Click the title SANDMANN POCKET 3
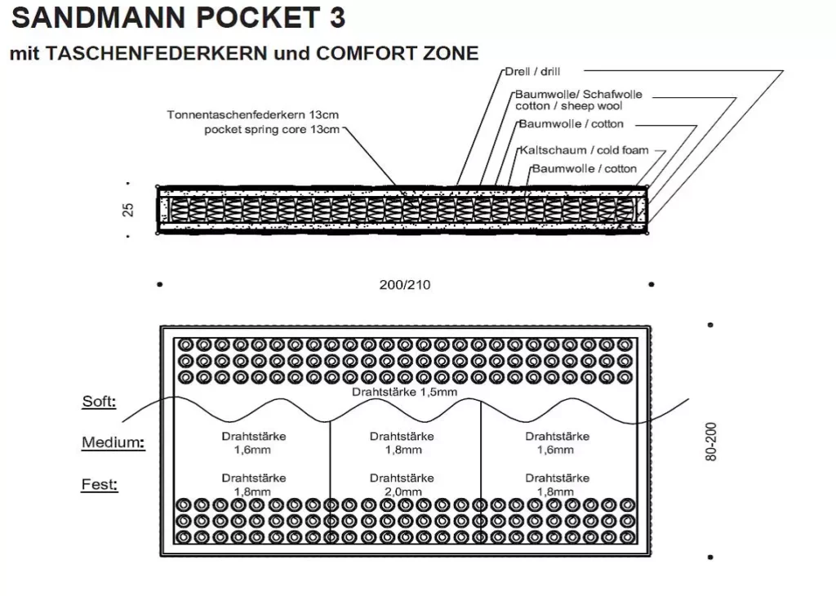tap(178, 18)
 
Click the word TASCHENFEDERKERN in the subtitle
tap(158, 54)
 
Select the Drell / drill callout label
tap(532, 72)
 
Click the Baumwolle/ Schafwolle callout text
tap(578, 95)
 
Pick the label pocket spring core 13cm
tap(271, 129)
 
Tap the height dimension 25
tap(128, 210)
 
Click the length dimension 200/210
tap(405, 285)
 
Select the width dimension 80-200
tap(711, 442)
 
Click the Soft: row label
tap(99, 402)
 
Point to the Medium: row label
tap(113, 443)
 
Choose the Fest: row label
tap(100, 485)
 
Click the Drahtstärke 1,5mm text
tap(404, 392)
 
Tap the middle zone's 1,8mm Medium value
tap(402, 450)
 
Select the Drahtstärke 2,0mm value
tap(402, 491)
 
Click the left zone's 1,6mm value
tap(253, 450)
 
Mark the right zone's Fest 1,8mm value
tap(557, 491)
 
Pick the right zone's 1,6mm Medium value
tap(557, 450)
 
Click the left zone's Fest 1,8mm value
tap(253, 491)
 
